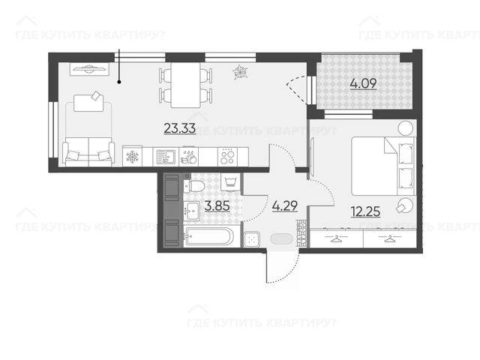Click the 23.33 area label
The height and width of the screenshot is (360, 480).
[180, 128]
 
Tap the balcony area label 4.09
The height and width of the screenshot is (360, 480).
[363, 83]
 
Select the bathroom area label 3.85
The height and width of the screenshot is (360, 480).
[217, 206]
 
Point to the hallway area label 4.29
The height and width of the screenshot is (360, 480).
[285, 206]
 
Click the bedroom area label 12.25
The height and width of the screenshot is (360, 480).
[366, 211]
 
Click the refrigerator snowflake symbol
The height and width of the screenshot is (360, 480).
[133, 157]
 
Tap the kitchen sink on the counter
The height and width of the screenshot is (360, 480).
[166, 157]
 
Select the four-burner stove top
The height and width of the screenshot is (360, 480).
[227, 157]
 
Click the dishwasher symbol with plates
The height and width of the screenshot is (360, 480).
[189, 157]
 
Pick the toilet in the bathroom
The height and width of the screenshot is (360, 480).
[194, 186]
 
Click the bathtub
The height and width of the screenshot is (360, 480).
[208, 236]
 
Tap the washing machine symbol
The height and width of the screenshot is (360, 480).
[230, 182]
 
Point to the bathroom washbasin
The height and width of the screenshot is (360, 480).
[192, 211]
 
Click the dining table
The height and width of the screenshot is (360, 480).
[185, 85]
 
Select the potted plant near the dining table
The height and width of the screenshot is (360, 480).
[240, 73]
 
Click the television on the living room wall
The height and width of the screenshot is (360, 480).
[89, 69]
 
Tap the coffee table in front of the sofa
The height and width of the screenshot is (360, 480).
[88, 103]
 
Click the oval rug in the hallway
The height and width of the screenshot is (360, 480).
[282, 238]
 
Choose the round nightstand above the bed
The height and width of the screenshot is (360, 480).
[406, 127]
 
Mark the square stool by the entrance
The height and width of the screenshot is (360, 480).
[252, 239]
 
